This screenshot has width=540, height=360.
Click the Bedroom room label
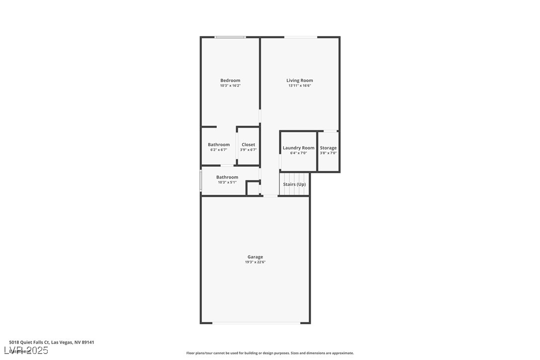point(230,81)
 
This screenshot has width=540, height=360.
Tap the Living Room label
point(299,81)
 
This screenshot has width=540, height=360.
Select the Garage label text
point(255,257)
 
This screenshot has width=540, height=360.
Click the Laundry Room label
point(298,148)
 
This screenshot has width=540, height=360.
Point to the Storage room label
point(328,148)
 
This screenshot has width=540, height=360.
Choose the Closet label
point(248,145)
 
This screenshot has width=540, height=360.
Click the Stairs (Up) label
point(294,184)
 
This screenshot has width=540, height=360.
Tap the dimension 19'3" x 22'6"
point(255,262)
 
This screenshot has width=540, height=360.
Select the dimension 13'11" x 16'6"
point(299,86)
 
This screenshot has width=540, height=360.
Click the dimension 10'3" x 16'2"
point(230,86)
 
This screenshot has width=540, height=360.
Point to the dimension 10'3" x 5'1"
point(227,182)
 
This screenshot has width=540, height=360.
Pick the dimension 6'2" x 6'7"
point(218,150)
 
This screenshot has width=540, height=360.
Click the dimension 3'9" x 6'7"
point(248,150)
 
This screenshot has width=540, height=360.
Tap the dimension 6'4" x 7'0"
point(298,153)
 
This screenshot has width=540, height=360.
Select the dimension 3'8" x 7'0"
point(328,153)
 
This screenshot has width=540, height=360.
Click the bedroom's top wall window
point(230,37)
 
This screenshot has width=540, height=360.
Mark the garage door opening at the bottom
point(256,323)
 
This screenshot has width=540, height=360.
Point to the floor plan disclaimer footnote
point(270,353)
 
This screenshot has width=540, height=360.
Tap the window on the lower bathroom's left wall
point(201,181)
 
